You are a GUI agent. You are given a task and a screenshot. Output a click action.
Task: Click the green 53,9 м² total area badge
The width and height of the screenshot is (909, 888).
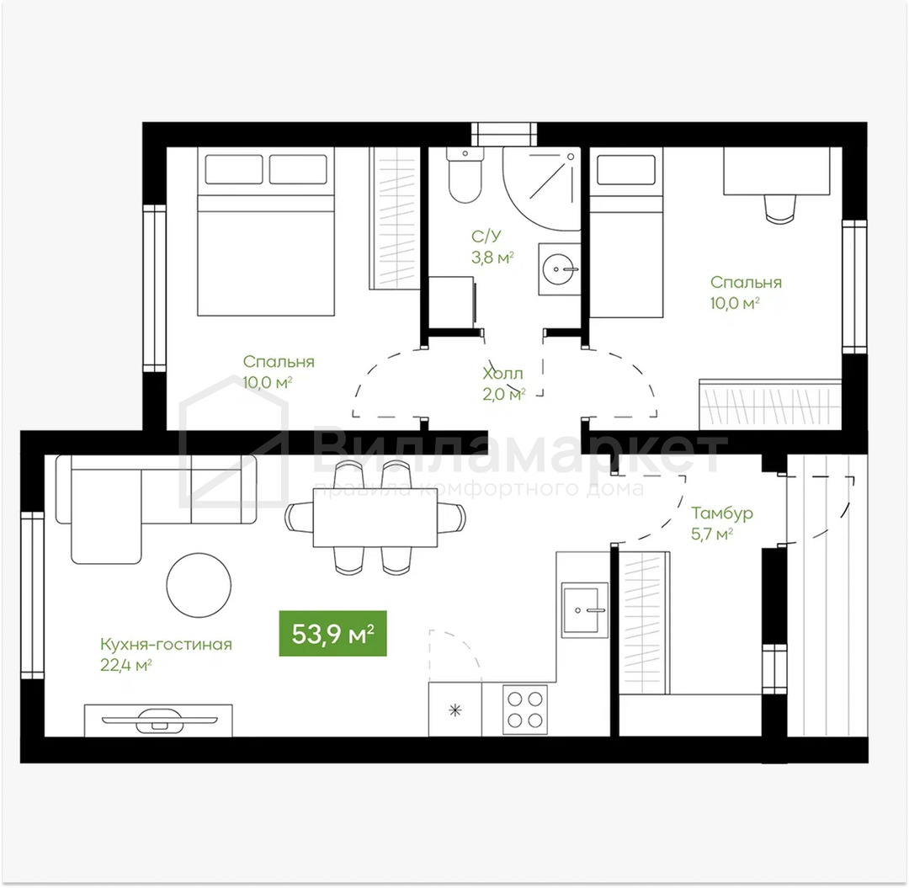pyautogui.click(x=332, y=634)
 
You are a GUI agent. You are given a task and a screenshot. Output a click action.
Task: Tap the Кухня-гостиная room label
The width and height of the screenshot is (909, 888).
pyautogui.click(x=166, y=645)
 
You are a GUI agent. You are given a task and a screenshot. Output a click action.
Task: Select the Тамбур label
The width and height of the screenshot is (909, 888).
pyautogui.click(x=722, y=513)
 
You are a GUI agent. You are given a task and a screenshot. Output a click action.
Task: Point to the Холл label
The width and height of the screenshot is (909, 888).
pyautogui.click(x=502, y=373)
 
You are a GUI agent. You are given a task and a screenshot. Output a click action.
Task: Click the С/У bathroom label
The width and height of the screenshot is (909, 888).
pyautogui.click(x=486, y=236)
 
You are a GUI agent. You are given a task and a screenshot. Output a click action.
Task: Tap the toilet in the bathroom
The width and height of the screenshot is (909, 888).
pyautogui.click(x=465, y=175)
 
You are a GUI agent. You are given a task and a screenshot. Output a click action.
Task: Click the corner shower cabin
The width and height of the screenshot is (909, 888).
pyautogui.click(x=542, y=189)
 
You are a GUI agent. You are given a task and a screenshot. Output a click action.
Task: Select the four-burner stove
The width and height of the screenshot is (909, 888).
pyautogui.click(x=525, y=710)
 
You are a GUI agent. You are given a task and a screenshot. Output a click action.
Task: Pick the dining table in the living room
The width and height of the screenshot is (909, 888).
pyautogui.click(x=375, y=518)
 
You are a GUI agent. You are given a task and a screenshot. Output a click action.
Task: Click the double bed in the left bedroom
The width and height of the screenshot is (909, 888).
pyautogui.click(x=265, y=231)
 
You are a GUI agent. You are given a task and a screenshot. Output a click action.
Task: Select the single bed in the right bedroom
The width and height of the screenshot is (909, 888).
pyautogui.click(x=626, y=232)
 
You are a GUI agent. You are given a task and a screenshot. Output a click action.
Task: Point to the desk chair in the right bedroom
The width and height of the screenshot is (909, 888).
pyautogui.click(x=779, y=208)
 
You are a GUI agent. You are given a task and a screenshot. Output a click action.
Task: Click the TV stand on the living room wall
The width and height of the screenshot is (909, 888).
pyautogui.click(x=159, y=721)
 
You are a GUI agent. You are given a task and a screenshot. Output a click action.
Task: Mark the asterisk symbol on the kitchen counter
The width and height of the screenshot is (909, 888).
pyautogui.click(x=455, y=710)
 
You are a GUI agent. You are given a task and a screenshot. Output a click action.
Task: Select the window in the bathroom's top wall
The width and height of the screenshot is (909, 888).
pyautogui.click(x=504, y=135)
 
